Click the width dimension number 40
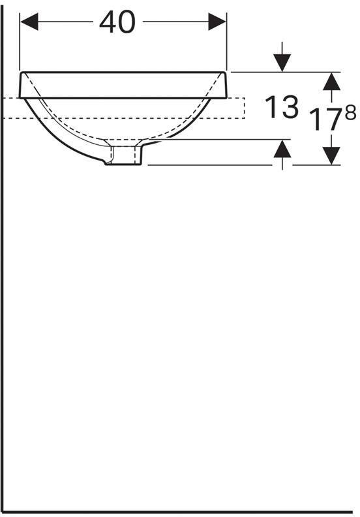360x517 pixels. pyautogui.click(x=117, y=22)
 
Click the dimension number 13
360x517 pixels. pyautogui.click(x=282, y=107)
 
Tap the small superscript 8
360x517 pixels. pyautogui.click(x=350, y=113)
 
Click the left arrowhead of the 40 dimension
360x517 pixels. pyautogui.click(x=29, y=22)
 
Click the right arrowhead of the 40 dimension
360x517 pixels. pyautogui.click(x=217, y=22)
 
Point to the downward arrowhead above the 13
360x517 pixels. pyautogui.click(x=282, y=63)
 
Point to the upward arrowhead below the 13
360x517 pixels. pyautogui.click(x=282, y=149)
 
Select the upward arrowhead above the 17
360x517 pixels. pyautogui.click(x=331, y=81)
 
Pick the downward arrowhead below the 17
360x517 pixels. pyautogui.click(x=331, y=155)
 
